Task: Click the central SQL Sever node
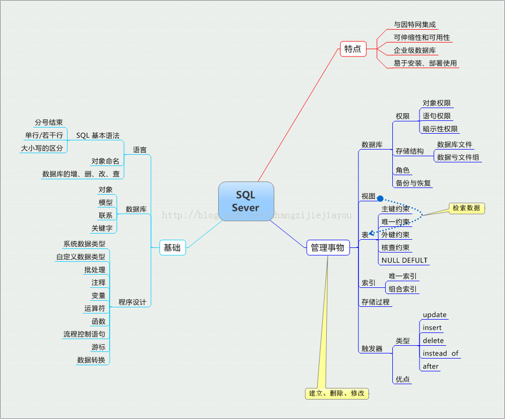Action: [246, 201]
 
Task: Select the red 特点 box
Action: [353, 49]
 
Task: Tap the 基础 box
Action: [172, 248]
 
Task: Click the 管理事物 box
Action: [328, 248]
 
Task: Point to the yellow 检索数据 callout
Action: [466, 208]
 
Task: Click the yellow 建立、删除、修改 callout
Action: [336, 393]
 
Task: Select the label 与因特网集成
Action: [415, 24]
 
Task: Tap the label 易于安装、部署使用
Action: [425, 64]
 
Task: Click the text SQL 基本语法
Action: [98, 136]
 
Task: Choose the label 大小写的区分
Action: [42, 149]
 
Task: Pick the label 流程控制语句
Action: [84, 334]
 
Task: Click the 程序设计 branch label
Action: [132, 302]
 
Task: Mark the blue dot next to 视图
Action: [380, 197]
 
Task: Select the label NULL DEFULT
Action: [405, 260]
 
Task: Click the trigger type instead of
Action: [440, 353]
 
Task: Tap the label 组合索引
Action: [403, 289]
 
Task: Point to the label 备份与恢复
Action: [413, 183]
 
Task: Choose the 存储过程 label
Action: [375, 302]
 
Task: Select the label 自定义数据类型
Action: [81, 257]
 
